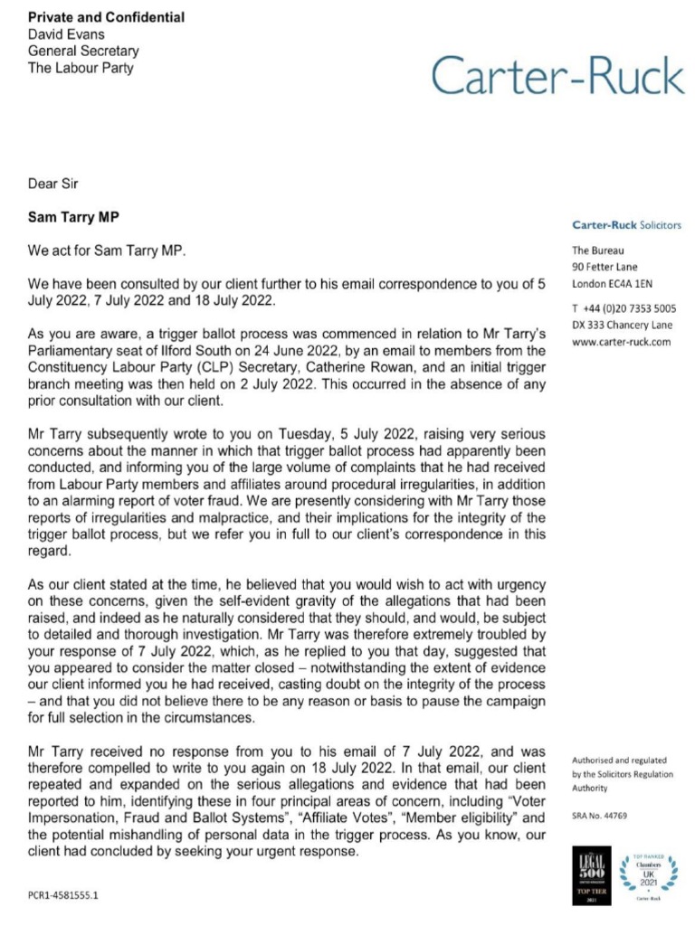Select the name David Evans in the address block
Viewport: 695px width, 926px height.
tap(66, 34)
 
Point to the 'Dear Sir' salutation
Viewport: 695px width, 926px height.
tap(53, 184)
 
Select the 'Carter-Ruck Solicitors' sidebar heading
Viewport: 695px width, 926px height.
tap(626, 224)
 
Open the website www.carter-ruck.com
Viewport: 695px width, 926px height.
tap(621, 343)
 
